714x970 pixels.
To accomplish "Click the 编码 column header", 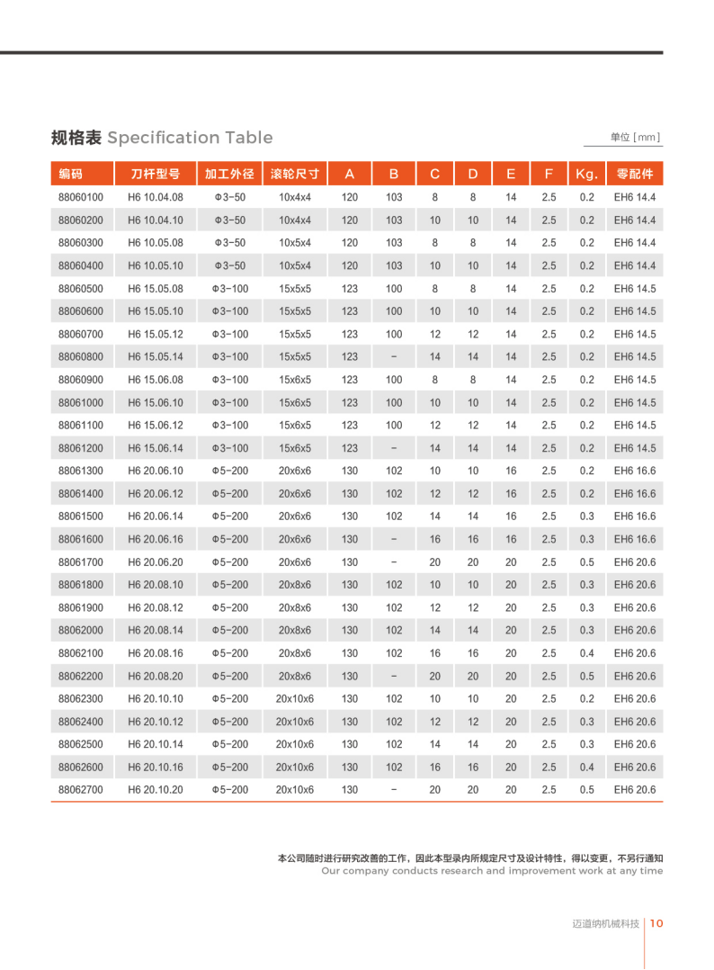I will coord(71,174).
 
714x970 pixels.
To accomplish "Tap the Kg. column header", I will coord(586,174).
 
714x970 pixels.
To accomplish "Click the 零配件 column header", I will coord(635,174).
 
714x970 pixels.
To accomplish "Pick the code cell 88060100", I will coord(81,197).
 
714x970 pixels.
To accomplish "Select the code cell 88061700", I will coord(81,561).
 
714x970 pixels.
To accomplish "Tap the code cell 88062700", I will coord(81,790).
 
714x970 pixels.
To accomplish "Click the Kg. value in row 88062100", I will coord(586,653).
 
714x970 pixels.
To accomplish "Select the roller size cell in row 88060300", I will coord(295,243).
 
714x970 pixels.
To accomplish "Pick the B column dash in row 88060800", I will coord(394,357).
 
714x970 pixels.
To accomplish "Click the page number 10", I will coord(656,923).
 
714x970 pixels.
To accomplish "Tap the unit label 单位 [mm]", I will coord(635,138).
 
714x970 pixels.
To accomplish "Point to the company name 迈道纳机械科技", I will coord(606,924).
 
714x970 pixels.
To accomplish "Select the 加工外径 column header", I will coord(229,174).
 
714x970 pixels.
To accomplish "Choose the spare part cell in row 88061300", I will coord(635,471).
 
